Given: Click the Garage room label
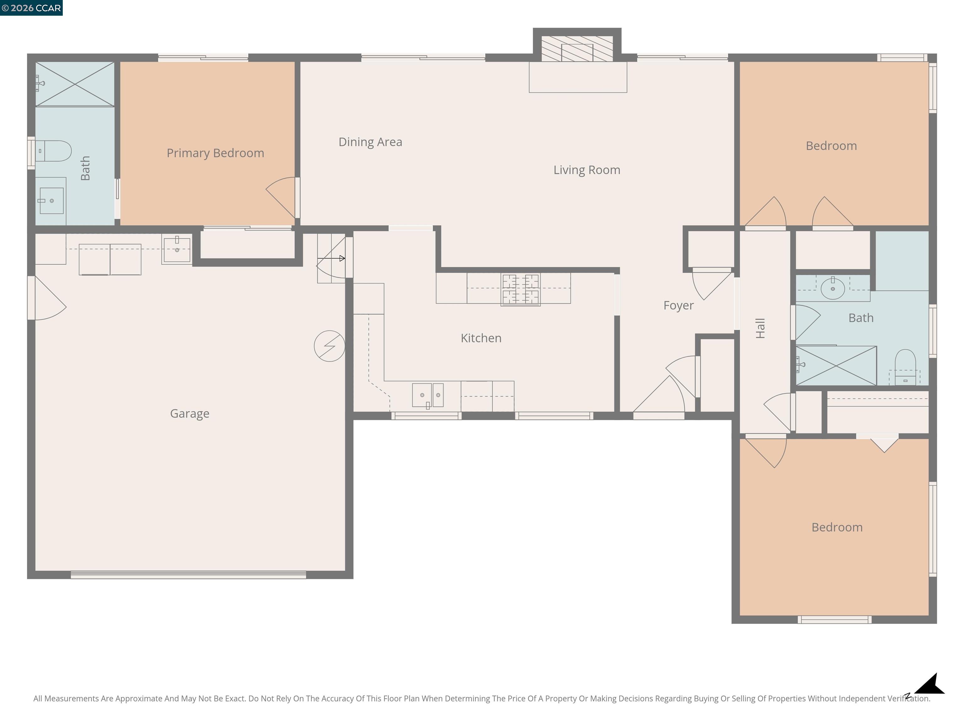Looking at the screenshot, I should (x=190, y=413).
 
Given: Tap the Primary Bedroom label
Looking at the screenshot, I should (x=215, y=153).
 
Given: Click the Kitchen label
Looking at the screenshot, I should (x=481, y=338).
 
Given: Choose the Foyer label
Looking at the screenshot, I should (x=678, y=305).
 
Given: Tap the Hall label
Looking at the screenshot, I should (x=760, y=328).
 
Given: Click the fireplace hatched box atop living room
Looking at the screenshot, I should (x=577, y=49).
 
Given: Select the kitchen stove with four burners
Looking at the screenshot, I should (x=520, y=289).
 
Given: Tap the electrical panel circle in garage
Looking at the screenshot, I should (x=329, y=345).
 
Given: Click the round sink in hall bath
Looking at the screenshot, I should (x=833, y=288).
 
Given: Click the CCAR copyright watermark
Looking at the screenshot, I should (x=31, y=8).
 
